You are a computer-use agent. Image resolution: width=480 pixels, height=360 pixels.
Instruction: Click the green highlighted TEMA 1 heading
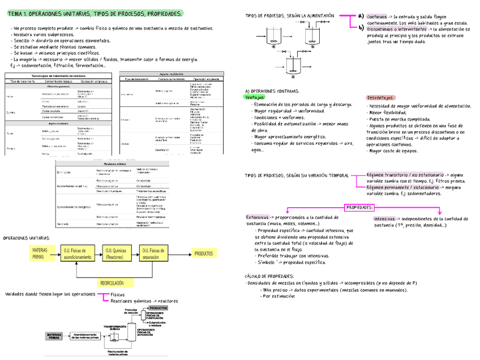point(95,13)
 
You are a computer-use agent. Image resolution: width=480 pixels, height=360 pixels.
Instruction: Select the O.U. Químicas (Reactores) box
point(117,253)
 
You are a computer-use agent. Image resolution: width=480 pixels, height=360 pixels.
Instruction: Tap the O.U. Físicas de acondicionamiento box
point(78,253)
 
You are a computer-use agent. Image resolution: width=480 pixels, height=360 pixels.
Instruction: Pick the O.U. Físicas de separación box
point(153,253)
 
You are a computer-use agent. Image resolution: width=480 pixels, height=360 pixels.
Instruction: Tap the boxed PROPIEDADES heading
point(359,207)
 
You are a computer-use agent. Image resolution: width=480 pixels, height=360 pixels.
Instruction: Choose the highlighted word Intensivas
point(384,218)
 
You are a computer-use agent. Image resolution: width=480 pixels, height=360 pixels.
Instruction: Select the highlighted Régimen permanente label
point(405,187)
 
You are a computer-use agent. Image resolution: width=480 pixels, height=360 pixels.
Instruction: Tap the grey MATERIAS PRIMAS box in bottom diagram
point(56,336)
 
